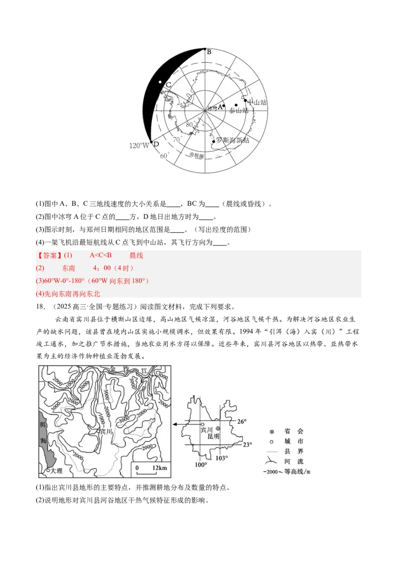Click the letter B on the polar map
209,52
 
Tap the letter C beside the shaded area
168,85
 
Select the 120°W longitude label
139,145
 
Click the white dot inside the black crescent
160,82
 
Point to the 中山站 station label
257,102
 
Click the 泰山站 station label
239,111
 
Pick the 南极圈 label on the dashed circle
197,156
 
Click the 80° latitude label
190,124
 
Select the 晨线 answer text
136,255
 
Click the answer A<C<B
100,255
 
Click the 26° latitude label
241,421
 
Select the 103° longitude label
221,458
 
